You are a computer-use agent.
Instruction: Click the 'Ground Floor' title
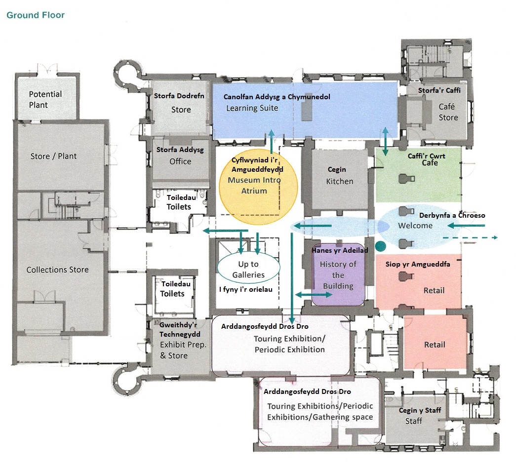pos(36,15)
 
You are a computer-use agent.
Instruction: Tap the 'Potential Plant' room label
pos(45,99)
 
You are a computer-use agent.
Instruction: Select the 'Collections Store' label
pos(58,270)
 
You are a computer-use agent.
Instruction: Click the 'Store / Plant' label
pos(53,156)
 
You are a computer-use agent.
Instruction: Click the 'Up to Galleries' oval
pos(248,269)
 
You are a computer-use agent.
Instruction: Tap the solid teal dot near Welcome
pos(380,246)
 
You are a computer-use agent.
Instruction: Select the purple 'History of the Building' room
pos(338,275)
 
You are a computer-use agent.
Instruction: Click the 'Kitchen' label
pos(340,181)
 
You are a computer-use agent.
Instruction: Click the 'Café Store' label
pos(448,112)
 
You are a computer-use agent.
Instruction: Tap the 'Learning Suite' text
pos(252,108)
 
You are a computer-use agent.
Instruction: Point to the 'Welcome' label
pos(415,226)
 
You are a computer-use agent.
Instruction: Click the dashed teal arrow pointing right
pos(470,237)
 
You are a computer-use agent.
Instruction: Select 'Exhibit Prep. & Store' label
pos(183,350)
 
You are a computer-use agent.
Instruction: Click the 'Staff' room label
pos(414,421)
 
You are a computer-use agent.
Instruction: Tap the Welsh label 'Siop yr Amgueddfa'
pos(418,264)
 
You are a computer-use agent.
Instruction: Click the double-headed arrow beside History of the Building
pos(314,295)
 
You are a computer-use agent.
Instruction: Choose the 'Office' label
pos(180,161)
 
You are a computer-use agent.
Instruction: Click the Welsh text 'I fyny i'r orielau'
pos(246,290)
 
